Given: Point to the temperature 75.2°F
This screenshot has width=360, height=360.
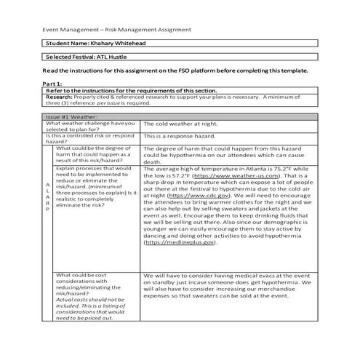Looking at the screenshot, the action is coord(291,168).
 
